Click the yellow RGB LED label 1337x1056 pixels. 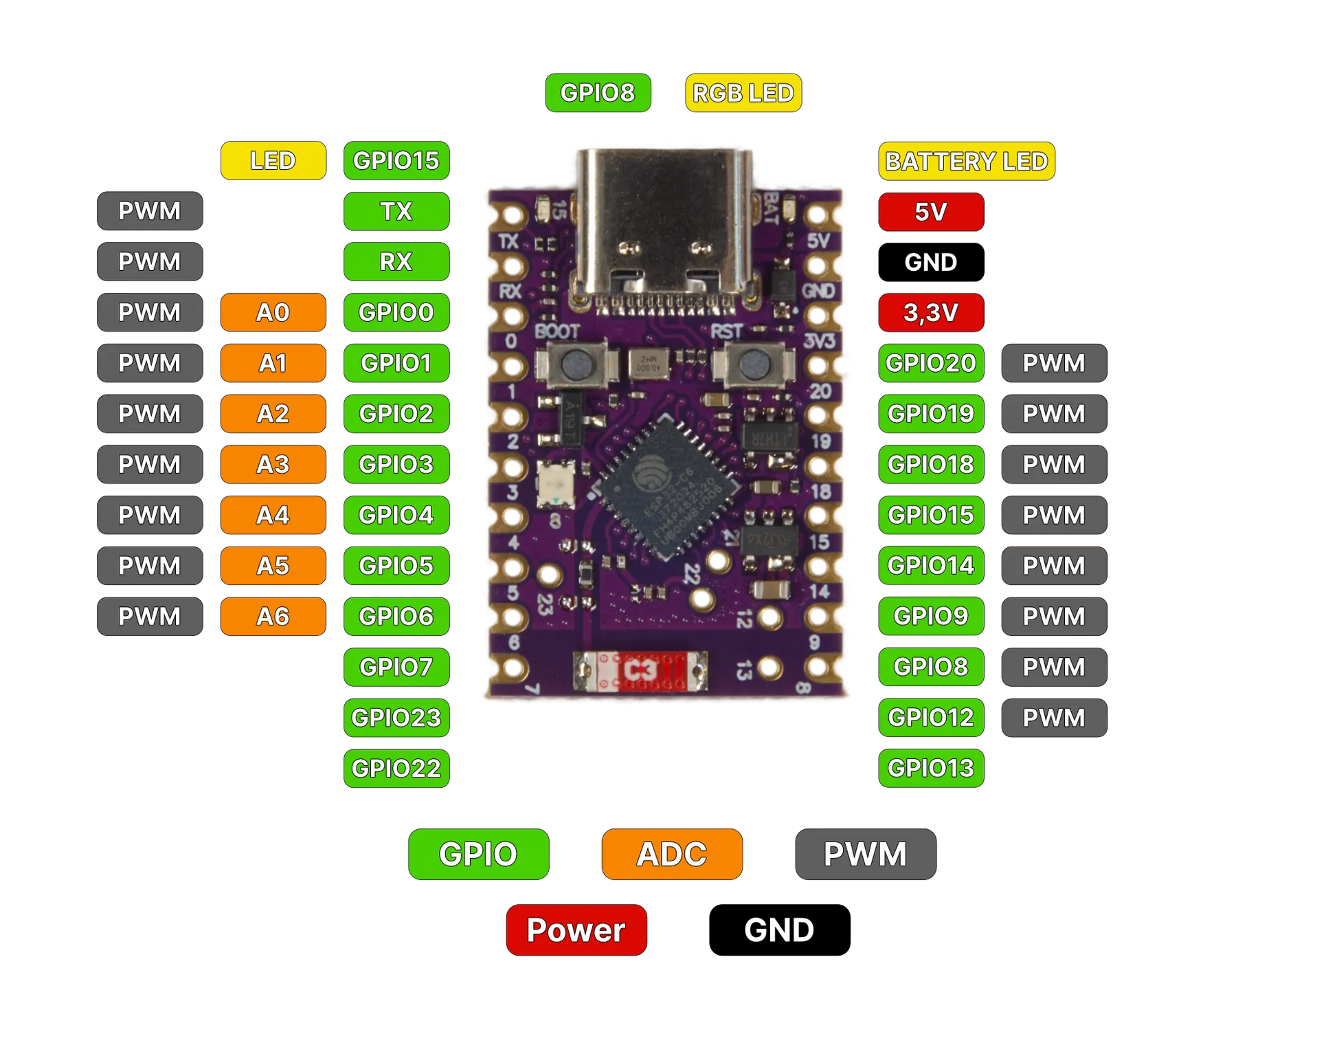[x=743, y=93]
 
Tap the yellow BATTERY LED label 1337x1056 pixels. [x=966, y=162]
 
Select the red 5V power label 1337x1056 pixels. [x=930, y=212]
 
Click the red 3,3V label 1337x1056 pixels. [x=930, y=313]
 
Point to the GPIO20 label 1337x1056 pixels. [x=930, y=363]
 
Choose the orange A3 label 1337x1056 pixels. [x=273, y=465]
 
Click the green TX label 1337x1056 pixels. [x=396, y=211]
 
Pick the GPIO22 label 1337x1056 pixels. [x=396, y=768]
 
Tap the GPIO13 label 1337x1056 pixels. [x=930, y=768]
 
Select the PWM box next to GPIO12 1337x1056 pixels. [x=1053, y=718]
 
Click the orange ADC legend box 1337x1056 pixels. [x=671, y=854]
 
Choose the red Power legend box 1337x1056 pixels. [x=576, y=930]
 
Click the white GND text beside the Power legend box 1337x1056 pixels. [x=778, y=930]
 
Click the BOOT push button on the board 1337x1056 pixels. [x=576, y=364]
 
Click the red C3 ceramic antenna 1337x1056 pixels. [x=640, y=671]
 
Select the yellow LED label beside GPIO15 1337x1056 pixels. [x=273, y=161]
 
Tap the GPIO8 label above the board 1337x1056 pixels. [x=597, y=93]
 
